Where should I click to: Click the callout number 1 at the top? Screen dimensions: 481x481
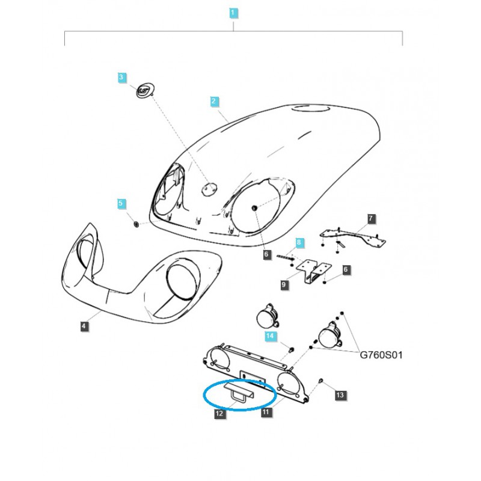pyautogui.click(x=233, y=12)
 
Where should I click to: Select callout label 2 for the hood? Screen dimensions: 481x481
pyautogui.click(x=213, y=101)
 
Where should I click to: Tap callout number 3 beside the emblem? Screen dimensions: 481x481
pyautogui.click(x=121, y=77)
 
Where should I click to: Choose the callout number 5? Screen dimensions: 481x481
pyautogui.click(x=121, y=204)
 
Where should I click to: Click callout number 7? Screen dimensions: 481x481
pyautogui.click(x=370, y=218)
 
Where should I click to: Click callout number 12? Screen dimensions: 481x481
pyautogui.click(x=219, y=413)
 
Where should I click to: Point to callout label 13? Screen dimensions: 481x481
pyautogui.click(x=340, y=395)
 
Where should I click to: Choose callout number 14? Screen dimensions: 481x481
pyautogui.click(x=271, y=335)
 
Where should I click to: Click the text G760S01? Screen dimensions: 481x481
pyautogui.click(x=381, y=355)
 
